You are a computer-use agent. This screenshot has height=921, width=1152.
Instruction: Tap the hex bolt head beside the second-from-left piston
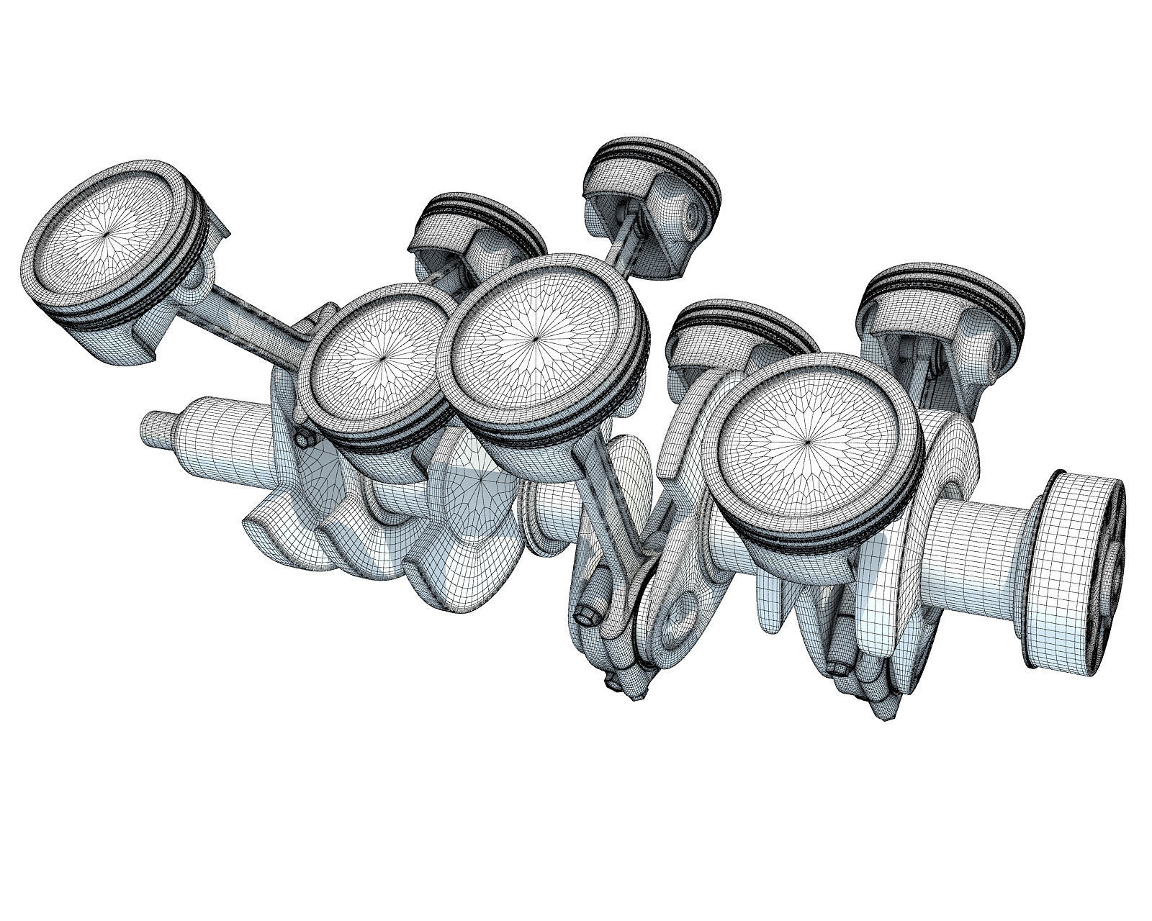302,439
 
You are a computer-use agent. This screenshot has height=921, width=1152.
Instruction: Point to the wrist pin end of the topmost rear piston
693,212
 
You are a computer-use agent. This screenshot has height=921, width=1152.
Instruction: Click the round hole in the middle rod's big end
677,617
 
